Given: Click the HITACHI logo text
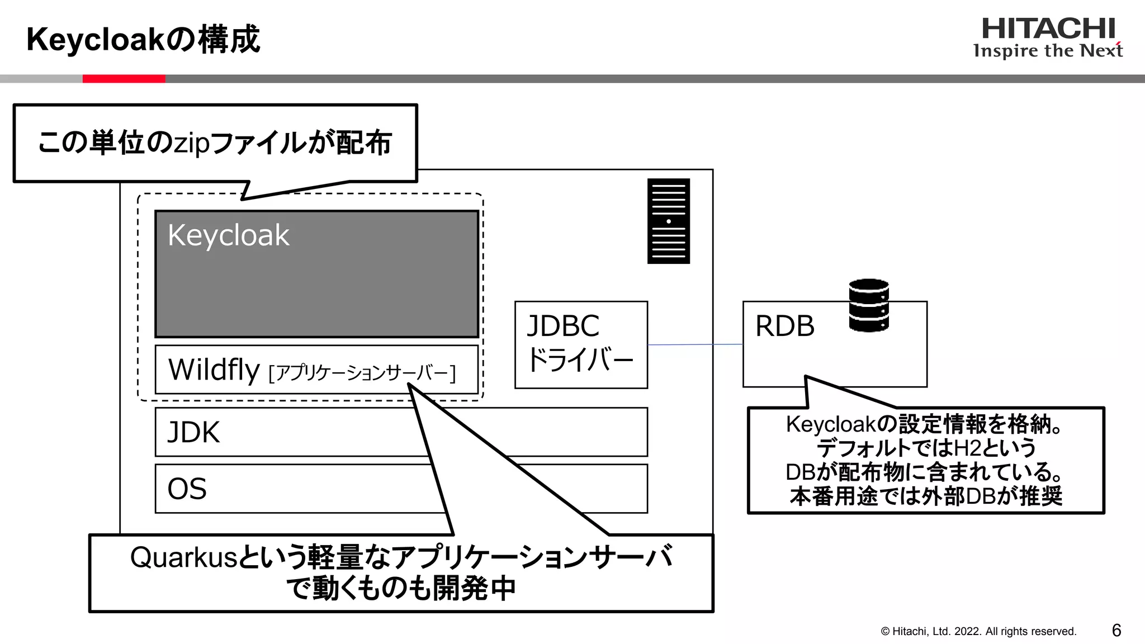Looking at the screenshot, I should click(1048, 29).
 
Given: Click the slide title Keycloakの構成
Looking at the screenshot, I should click(143, 40).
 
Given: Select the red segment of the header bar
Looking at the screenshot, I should click(124, 79).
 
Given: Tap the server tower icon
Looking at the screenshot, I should click(668, 221).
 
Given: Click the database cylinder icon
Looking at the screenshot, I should click(868, 305).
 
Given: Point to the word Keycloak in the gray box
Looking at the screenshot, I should click(228, 235).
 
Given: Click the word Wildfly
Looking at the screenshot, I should click(214, 370).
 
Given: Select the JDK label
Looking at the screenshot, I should click(193, 432).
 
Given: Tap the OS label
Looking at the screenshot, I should click(187, 489).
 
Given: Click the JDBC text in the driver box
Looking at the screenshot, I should click(563, 326).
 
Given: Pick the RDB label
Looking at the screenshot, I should click(784, 326).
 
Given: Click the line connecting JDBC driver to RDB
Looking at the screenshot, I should click(695, 344).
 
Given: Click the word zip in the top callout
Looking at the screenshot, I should click(192, 143).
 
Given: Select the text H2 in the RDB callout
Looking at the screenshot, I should click(967, 448).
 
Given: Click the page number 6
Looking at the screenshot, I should click(1116, 631).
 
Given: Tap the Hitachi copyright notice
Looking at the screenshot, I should click(978, 631).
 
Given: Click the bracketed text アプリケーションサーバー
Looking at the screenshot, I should click(362, 373).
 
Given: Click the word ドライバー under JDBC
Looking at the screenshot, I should click(580, 359).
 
